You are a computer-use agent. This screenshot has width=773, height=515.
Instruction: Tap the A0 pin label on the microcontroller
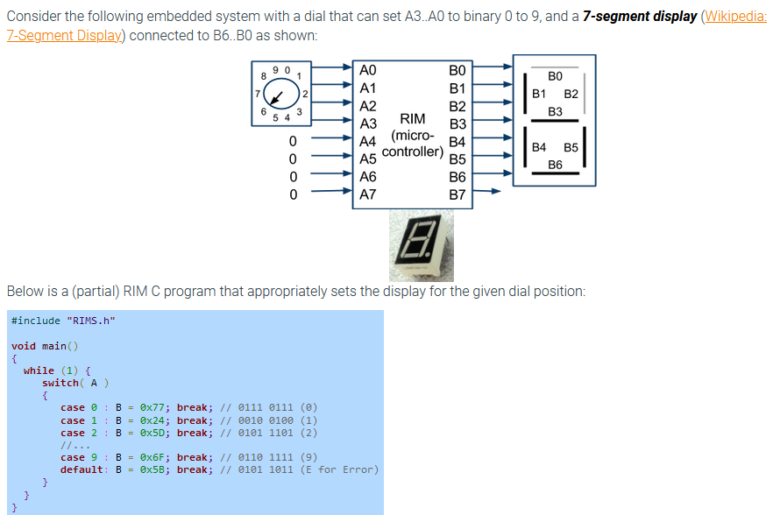[x=368, y=70]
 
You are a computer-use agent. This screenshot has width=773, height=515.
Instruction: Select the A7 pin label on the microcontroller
[x=368, y=194]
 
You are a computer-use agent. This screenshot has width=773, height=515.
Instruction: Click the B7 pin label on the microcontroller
[x=457, y=194]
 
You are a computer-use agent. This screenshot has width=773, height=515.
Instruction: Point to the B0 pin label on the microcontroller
[x=457, y=70]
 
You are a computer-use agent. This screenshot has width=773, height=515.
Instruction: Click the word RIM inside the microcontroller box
[x=412, y=119]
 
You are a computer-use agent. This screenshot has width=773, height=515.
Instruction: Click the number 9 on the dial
[x=276, y=68]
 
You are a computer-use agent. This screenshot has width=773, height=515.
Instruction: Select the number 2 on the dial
[x=304, y=93]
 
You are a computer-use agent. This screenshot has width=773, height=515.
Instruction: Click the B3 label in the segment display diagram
[x=555, y=111]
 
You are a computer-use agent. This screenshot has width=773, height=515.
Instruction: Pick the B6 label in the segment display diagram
[x=555, y=164]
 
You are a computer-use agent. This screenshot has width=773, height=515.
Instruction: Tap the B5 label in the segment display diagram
[x=571, y=147]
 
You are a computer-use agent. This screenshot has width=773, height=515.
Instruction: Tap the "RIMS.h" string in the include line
[x=90, y=321]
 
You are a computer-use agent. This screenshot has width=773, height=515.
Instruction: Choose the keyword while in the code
[x=39, y=370]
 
